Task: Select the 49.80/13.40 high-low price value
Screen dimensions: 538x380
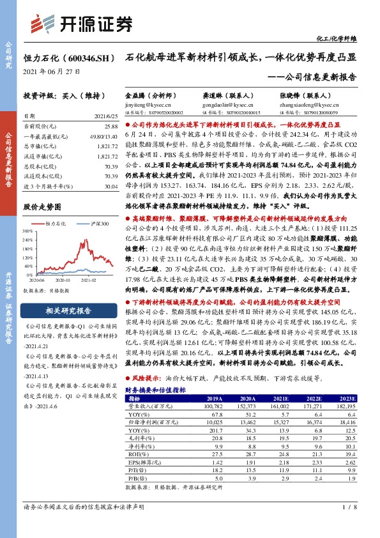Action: pyautogui.click(x=105, y=137)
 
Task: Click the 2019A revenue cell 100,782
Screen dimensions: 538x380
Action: pyautogui.click(x=212, y=406)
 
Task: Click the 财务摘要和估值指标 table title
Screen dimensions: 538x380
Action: pyautogui.click(x=155, y=388)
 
